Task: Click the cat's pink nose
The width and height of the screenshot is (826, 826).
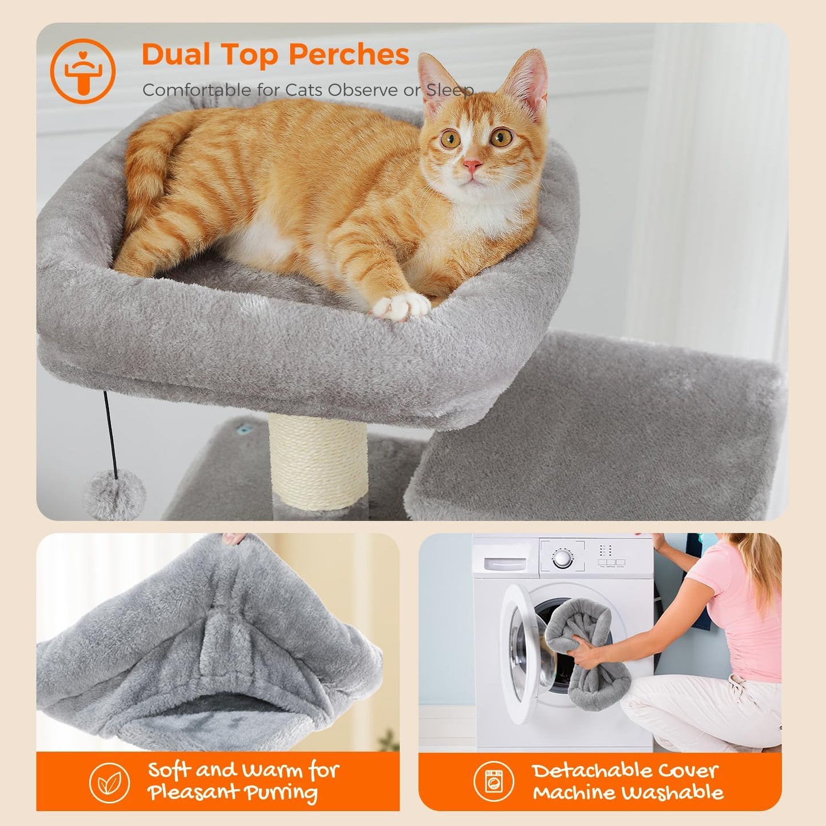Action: point(472,166)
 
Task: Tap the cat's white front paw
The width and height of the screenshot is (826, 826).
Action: point(401,306)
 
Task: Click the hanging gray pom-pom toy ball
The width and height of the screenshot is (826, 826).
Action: point(114,495)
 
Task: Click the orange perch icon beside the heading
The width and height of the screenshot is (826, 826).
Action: point(83,71)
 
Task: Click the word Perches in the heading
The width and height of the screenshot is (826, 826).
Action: point(349,55)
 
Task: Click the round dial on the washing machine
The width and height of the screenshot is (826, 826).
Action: point(562,557)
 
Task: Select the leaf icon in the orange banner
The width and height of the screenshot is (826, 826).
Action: point(109,783)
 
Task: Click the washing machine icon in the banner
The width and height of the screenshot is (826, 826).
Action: point(494,781)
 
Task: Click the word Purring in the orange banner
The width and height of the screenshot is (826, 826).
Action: point(281,793)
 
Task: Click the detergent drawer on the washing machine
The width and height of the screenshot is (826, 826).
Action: point(505,563)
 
